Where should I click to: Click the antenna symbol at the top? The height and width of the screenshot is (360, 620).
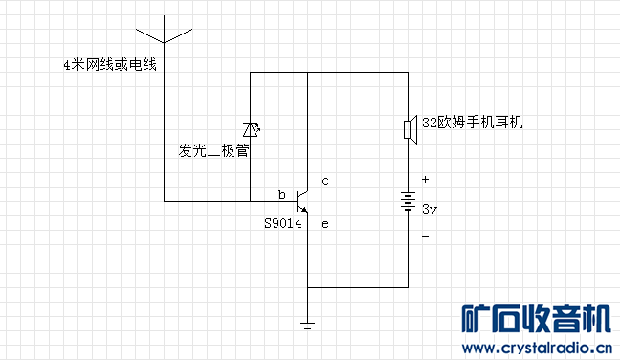coord(164,31)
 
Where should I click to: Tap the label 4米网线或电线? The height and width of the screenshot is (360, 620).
coord(108,65)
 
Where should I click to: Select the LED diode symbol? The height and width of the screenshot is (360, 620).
coord(251,129)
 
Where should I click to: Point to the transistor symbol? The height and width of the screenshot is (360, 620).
coord(303,202)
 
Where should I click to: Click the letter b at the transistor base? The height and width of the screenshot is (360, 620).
coord(282,194)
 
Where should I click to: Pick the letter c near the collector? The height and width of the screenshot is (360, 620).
coord(325,180)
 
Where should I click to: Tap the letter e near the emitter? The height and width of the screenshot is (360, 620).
coord(325,224)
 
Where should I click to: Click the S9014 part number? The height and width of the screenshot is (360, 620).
coord(283,224)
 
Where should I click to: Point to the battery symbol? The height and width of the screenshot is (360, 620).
coord(409,202)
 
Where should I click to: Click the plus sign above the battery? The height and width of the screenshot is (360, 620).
coord(426,179)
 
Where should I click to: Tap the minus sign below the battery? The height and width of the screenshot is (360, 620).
coord(426,236)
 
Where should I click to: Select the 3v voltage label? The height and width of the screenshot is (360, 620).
coord(430,208)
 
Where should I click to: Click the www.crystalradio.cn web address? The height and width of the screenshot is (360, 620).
coord(537,349)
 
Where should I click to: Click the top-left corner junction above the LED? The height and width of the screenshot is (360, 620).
coord(251,72)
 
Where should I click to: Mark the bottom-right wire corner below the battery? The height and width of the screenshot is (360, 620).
coord(409,286)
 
